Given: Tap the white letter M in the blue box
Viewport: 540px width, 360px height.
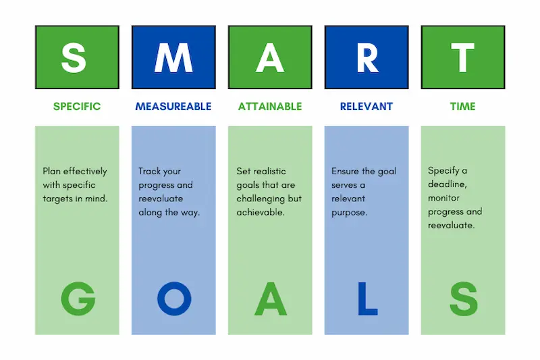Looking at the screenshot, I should pyautogui.click(x=173, y=59).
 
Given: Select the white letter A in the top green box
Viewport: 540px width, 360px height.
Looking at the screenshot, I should pyautogui.click(x=270, y=59).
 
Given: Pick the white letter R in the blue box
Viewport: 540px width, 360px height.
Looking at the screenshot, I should pyautogui.click(x=367, y=59).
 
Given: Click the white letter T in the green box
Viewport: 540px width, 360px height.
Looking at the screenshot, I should pyautogui.click(x=463, y=59).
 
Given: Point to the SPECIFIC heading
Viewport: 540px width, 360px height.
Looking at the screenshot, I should pyautogui.click(x=77, y=107).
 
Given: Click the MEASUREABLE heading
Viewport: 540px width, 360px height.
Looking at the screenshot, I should pyautogui.click(x=173, y=107).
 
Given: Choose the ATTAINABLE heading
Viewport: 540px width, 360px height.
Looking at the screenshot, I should pyautogui.click(x=270, y=107).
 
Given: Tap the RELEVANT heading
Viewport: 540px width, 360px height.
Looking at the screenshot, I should pyautogui.click(x=367, y=107).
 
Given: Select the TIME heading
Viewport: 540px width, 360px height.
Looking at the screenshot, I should pyautogui.click(x=463, y=107).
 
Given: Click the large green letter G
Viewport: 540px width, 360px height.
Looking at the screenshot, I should pyautogui.click(x=78, y=299).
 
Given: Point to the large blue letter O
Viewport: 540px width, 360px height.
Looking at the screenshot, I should pyautogui.click(x=174, y=299).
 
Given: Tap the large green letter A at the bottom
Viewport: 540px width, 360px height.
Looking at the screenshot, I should pyautogui.click(x=271, y=299).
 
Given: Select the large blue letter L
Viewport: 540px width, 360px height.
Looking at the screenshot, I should pyautogui.click(x=367, y=299).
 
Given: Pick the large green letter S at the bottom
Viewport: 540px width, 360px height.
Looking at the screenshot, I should pyautogui.click(x=464, y=299).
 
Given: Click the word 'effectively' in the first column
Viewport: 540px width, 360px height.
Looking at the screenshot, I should pyautogui.click(x=84, y=172).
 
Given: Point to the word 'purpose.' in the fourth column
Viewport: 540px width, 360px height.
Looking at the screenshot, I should pyautogui.click(x=350, y=212).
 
